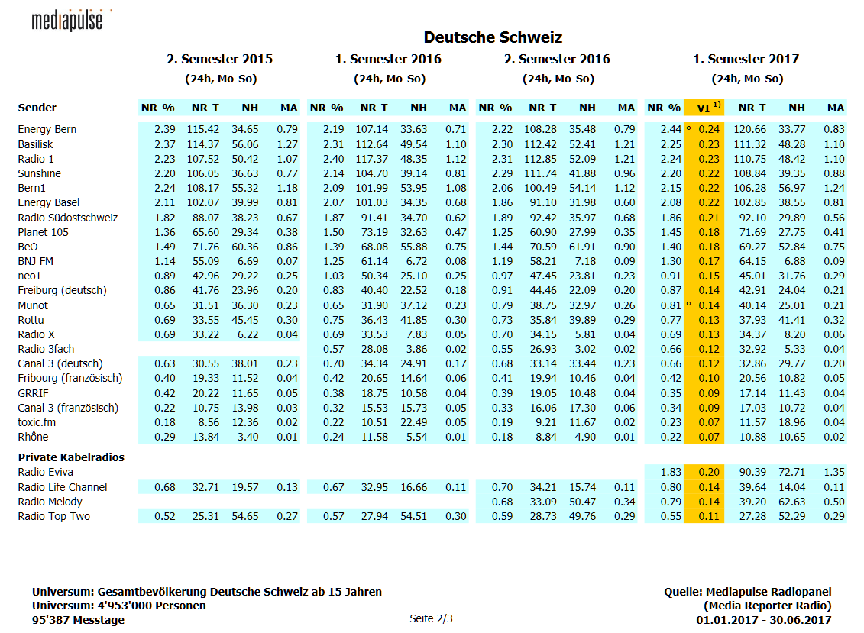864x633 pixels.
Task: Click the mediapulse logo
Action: click(x=67, y=21)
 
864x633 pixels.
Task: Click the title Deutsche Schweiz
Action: click(x=493, y=37)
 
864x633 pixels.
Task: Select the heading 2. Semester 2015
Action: click(x=219, y=59)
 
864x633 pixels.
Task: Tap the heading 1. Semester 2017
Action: click(x=746, y=59)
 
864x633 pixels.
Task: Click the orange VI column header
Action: click(x=704, y=108)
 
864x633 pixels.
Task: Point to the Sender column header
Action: click(x=37, y=108)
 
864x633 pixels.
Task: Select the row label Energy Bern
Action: click(x=47, y=130)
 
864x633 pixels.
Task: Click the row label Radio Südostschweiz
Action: click(x=67, y=218)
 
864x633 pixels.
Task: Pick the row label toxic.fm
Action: click(x=37, y=422)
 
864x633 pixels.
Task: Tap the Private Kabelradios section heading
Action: click(x=70, y=457)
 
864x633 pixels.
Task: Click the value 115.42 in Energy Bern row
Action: click(x=203, y=130)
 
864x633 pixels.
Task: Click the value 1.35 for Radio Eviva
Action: click(x=833, y=473)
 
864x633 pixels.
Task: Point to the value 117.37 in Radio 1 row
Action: click(x=372, y=159)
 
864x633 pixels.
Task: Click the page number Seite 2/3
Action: click(x=431, y=618)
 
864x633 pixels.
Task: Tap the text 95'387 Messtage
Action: click(x=78, y=620)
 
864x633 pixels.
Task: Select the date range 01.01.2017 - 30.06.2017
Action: click(x=763, y=620)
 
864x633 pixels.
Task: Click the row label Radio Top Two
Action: click(x=53, y=517)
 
